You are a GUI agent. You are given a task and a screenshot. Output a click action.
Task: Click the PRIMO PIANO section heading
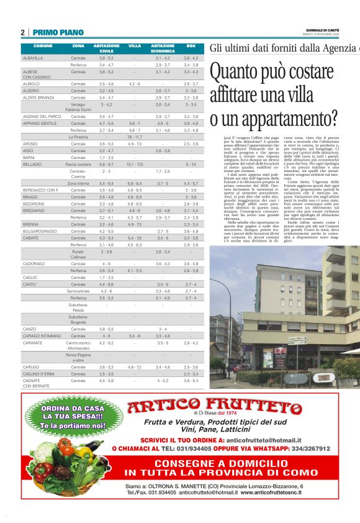(x=58, y=32)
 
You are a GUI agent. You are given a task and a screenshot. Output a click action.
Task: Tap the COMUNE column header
(x=43, y=46)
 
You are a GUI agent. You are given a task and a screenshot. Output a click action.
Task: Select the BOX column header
(x=191, y=46)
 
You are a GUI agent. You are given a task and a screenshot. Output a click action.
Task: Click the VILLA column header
(x=135, y=46)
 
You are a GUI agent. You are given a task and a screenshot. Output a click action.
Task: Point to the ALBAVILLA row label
(x=33, y=58)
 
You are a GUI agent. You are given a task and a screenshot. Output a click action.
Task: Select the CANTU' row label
(x=30, y=284)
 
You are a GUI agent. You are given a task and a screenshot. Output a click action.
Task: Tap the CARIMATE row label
(x=32, y=342)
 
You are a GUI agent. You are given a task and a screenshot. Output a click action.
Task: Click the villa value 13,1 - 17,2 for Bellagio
(x=135, y=164)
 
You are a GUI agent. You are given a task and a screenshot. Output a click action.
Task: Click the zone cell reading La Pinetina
(x=78, y=137)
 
